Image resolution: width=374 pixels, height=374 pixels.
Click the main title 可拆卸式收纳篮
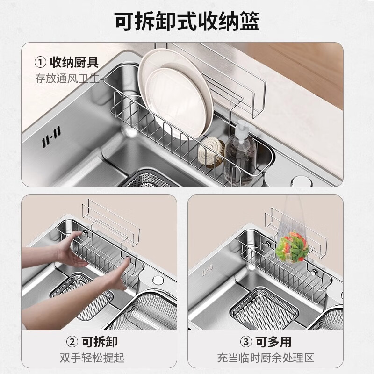coord(187,21)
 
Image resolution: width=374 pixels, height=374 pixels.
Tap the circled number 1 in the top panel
coord(41,62)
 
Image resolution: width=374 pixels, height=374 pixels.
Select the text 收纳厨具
coord(75,62)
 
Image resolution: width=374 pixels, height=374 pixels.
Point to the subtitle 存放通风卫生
coord(67,78)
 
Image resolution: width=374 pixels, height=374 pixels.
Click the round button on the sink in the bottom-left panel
coord(156,280)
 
